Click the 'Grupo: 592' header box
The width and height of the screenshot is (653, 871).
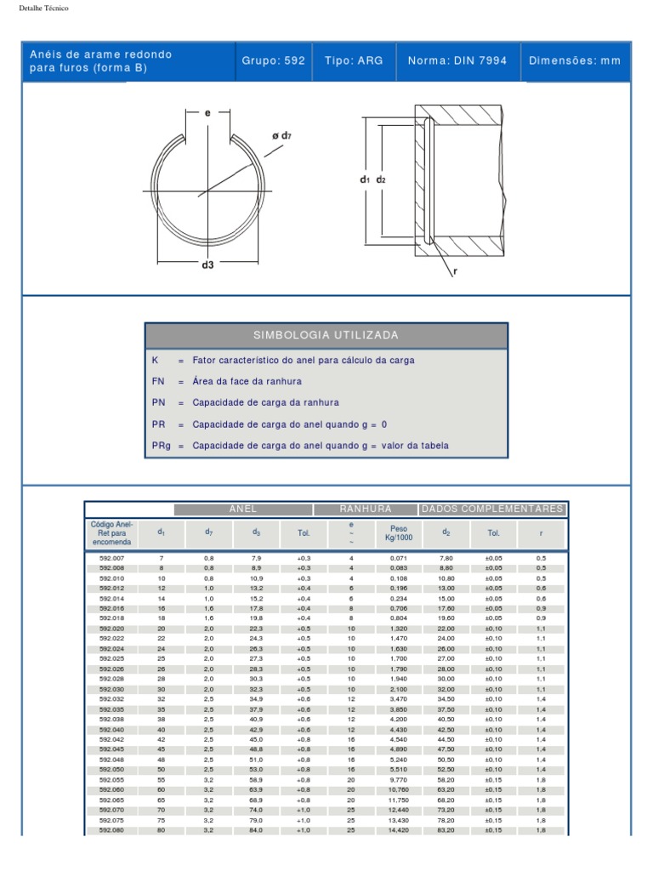273,61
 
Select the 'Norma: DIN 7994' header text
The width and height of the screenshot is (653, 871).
457,61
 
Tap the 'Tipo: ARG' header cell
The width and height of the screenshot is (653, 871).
354,61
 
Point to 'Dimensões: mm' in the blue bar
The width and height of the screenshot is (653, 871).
575,61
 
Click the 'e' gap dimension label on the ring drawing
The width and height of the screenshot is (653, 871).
207,112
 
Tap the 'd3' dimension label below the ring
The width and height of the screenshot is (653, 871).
207,265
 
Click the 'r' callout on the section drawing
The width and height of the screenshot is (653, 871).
456,271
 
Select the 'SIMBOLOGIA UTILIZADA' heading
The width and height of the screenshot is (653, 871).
326,336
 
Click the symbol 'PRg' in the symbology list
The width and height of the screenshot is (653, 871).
161,446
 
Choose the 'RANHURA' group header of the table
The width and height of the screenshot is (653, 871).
365,510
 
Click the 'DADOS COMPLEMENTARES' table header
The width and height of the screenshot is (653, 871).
492,510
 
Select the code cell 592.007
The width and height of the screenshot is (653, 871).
111,558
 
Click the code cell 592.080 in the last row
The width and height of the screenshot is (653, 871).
111,830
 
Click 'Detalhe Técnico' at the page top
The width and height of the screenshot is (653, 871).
43,8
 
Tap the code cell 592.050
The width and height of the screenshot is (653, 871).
111,770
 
